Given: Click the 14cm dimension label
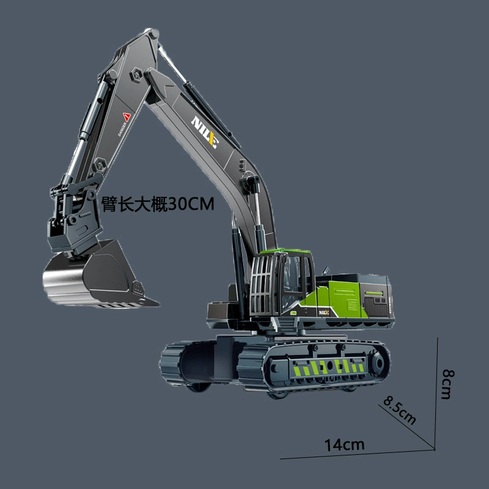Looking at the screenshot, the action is pos(344,445).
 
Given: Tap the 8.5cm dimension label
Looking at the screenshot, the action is pos(400,410).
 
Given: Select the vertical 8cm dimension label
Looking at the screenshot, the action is pos(448,384).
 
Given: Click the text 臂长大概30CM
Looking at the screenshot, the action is pos(158,204).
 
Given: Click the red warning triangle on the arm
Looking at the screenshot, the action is pos(127,117).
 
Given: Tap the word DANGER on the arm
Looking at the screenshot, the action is pos(122,129).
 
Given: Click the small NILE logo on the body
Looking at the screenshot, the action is pos(324,312).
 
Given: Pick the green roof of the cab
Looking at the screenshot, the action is pos(285,251).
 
